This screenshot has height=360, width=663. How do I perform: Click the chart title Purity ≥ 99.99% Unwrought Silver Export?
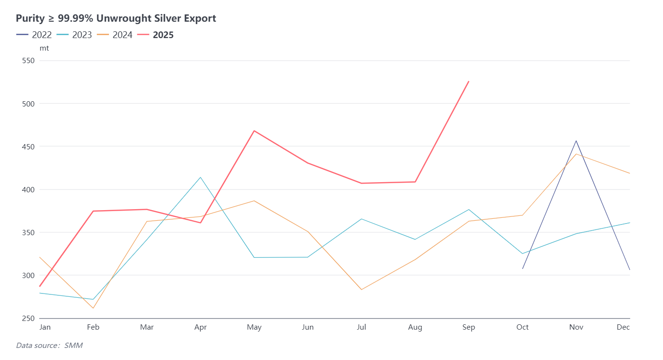116,18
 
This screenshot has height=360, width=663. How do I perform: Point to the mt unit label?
44,48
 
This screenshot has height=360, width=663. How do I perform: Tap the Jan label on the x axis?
45,327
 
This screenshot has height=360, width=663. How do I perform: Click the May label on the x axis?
254,327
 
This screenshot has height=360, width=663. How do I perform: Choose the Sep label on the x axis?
469,327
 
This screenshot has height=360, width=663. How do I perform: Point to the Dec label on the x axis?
623,327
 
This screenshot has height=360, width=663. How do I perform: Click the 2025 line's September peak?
469,81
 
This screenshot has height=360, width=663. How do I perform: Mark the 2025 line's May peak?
254,131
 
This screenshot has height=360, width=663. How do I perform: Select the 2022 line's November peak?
576,141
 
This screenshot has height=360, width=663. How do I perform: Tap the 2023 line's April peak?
201,177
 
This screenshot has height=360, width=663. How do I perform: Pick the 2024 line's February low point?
93,308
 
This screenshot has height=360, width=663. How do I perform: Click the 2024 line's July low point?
361,289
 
